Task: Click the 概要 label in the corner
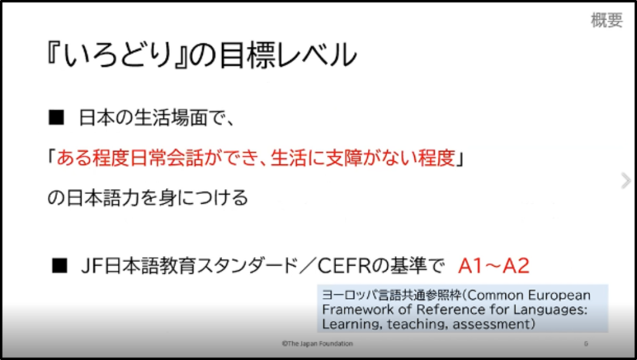tap(606, 20)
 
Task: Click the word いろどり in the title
tap(118, 55)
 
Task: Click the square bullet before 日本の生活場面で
tap(56, 117)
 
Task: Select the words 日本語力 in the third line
tap(103, 198)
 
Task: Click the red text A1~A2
tap(494, 266)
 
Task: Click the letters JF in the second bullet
tap(93, 266)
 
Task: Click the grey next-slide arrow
tap(626, 181)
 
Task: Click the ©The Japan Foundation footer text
tap(317, 343)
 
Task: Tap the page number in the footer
tap(586, 343)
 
